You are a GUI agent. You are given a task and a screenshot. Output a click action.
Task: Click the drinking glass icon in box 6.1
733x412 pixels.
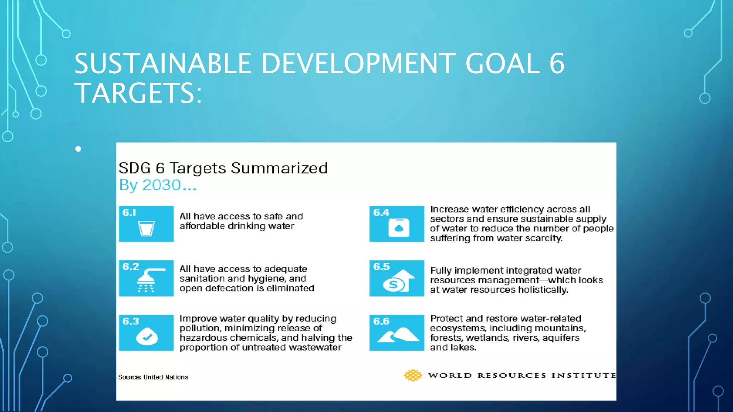click(146, 229)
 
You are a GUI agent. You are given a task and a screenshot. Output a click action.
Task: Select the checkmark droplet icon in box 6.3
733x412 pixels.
click(147, 336)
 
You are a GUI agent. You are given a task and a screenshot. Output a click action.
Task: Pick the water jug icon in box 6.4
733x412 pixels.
click(398, 227)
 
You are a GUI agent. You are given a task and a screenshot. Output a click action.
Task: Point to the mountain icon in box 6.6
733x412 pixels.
click(398, 335)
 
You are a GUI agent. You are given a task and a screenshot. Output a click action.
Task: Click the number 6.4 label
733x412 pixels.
click(381, 212)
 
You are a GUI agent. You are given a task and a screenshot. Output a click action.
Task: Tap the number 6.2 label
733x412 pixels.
click(131, 267)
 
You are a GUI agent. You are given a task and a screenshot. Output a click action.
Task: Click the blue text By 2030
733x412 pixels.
click(157, 185)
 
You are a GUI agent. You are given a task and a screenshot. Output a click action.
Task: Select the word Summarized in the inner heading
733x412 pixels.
click(279, 168)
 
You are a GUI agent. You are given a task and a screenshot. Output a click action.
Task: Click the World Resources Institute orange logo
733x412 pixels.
click(413, 375)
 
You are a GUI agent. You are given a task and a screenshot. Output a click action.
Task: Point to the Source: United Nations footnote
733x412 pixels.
click(153, 377)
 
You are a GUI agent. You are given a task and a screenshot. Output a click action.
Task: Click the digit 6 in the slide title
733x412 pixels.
click(557, 64)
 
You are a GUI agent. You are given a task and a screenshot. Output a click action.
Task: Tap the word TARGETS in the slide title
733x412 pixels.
click(135, 93)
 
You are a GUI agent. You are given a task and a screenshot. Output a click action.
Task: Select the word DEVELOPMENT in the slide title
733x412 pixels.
click(358, 64)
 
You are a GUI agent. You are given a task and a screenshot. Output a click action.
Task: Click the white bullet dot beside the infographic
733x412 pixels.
click(78, 149)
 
